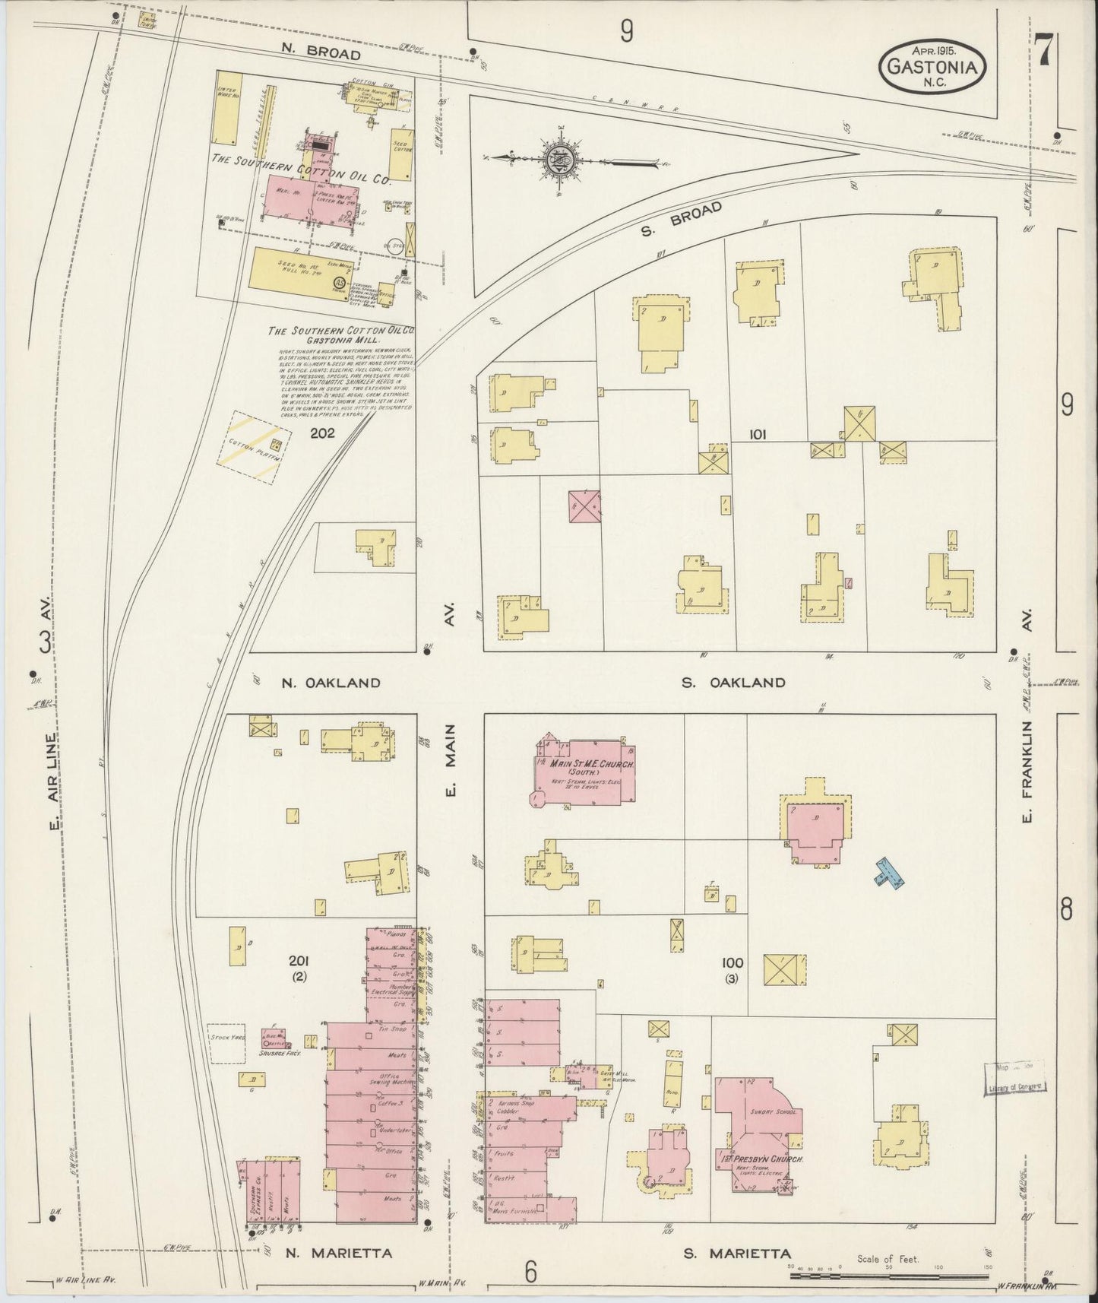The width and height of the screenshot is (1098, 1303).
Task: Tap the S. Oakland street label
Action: click(x=733, y=682)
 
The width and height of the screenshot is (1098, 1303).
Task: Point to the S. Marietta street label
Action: click(x=736, y=1254)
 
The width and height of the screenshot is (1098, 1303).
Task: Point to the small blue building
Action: click(x=888, y=873)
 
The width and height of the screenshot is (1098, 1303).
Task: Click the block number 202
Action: click(x=323, y=433)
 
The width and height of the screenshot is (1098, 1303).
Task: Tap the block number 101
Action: click(x=757, y=434)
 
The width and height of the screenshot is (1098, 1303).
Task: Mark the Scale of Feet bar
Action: click(x=888, y=1275)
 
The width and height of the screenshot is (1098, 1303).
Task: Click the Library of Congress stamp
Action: click(x=1017, y=1079)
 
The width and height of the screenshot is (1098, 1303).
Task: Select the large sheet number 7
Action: click(x=1043, y=52)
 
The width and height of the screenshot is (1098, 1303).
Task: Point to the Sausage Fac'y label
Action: click(x=280, y=1054)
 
